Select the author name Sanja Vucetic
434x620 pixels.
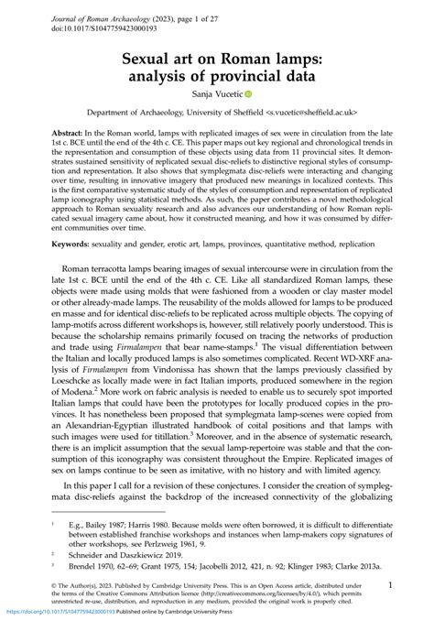click(217, 93)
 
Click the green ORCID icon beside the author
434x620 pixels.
click(248, 93)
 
